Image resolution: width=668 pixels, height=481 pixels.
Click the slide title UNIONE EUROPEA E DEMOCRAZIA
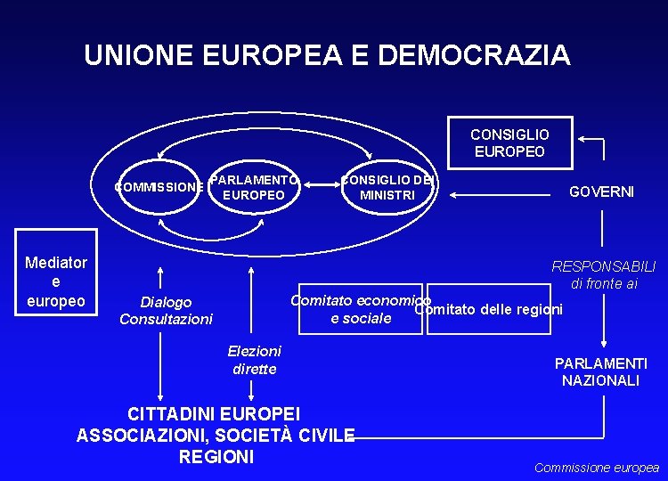click(x=327, y=55)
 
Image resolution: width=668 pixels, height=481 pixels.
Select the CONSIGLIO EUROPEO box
click(x=509, y=143)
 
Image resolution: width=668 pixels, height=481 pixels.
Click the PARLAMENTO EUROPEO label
click(x=255, y=187)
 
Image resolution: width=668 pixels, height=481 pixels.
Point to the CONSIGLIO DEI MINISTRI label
click(x=387, y=188)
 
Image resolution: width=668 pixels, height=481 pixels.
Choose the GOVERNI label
click(x=601, y=192)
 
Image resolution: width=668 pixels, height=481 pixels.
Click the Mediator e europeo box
click(x=56, y=281)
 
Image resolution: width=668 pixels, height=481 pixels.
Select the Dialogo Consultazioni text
click(x=166, y=311)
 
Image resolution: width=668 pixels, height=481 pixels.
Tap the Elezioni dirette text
click(x=255, y=360)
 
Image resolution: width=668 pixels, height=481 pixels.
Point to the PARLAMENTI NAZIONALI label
click(x=601, y=371)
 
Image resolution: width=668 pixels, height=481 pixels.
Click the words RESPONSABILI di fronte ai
click(x=604, y=274)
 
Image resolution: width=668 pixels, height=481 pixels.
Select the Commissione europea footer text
click(x=596, y=468)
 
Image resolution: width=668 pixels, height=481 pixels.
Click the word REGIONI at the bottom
click(x=216, y=457)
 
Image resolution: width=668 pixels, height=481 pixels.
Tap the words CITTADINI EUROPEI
click(x=215, y=414)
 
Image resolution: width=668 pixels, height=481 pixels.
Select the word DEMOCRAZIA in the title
click(x=474, y=55)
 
